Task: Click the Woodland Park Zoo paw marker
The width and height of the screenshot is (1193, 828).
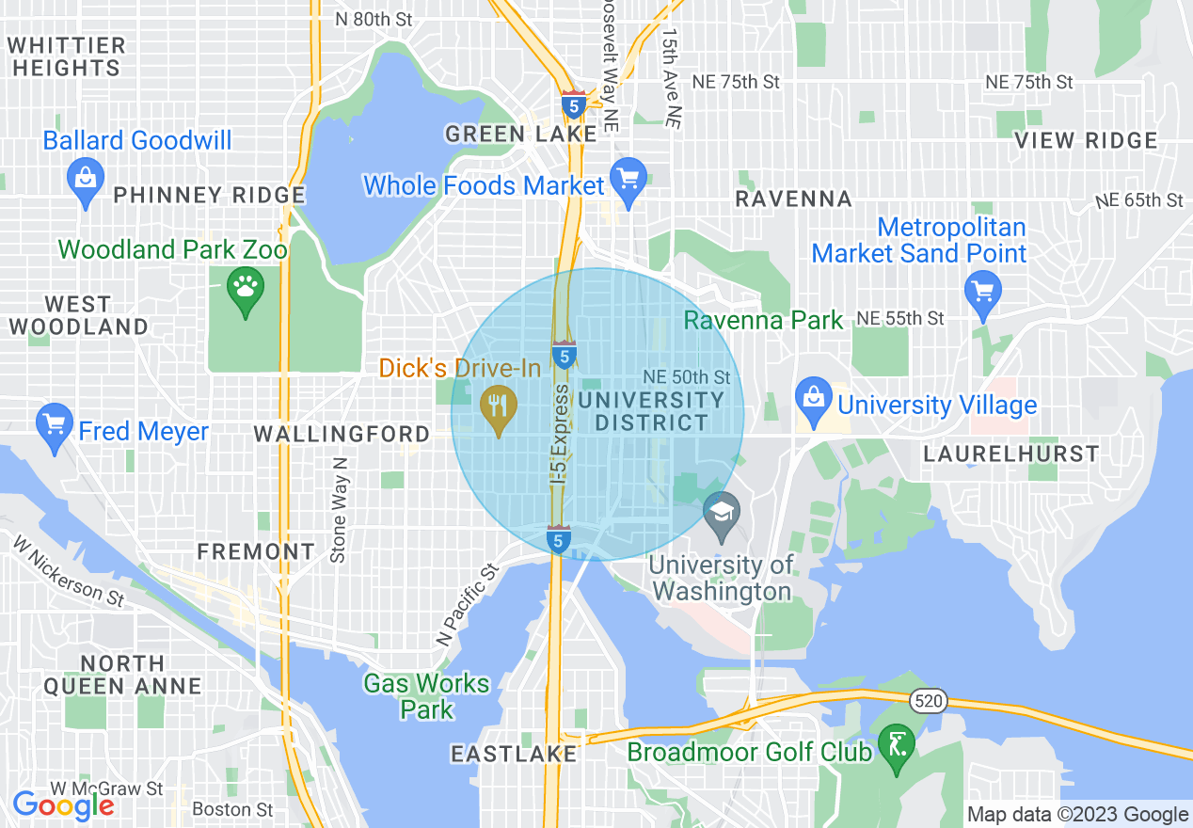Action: (x=246, y=287)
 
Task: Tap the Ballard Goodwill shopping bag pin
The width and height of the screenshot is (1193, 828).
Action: (x=86, y=178)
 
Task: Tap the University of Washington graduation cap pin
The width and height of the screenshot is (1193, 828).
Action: (x=722, y=514)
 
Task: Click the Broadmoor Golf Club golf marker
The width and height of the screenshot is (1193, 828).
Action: (x=896, y=745)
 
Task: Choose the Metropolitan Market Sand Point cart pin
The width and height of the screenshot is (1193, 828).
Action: (x=983, y=290)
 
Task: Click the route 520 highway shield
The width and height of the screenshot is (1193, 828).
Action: (x=927, y=700)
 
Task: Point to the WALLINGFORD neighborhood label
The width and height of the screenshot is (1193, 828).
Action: (x=342, y=435)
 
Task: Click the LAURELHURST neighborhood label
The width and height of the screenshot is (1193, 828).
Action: (x=1010, y=454)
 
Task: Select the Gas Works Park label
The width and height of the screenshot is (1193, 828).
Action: (x=427, y=696)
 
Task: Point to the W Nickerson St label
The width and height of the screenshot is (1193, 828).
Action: (x=68, y=570)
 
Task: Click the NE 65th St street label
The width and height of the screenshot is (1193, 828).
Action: (x=1138, y=200)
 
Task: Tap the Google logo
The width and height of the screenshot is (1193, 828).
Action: (x=63, y=805)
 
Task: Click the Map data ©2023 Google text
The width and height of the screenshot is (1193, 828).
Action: (x=1078, y=815)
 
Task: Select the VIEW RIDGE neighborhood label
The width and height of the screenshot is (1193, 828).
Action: (x=1086, y=141)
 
